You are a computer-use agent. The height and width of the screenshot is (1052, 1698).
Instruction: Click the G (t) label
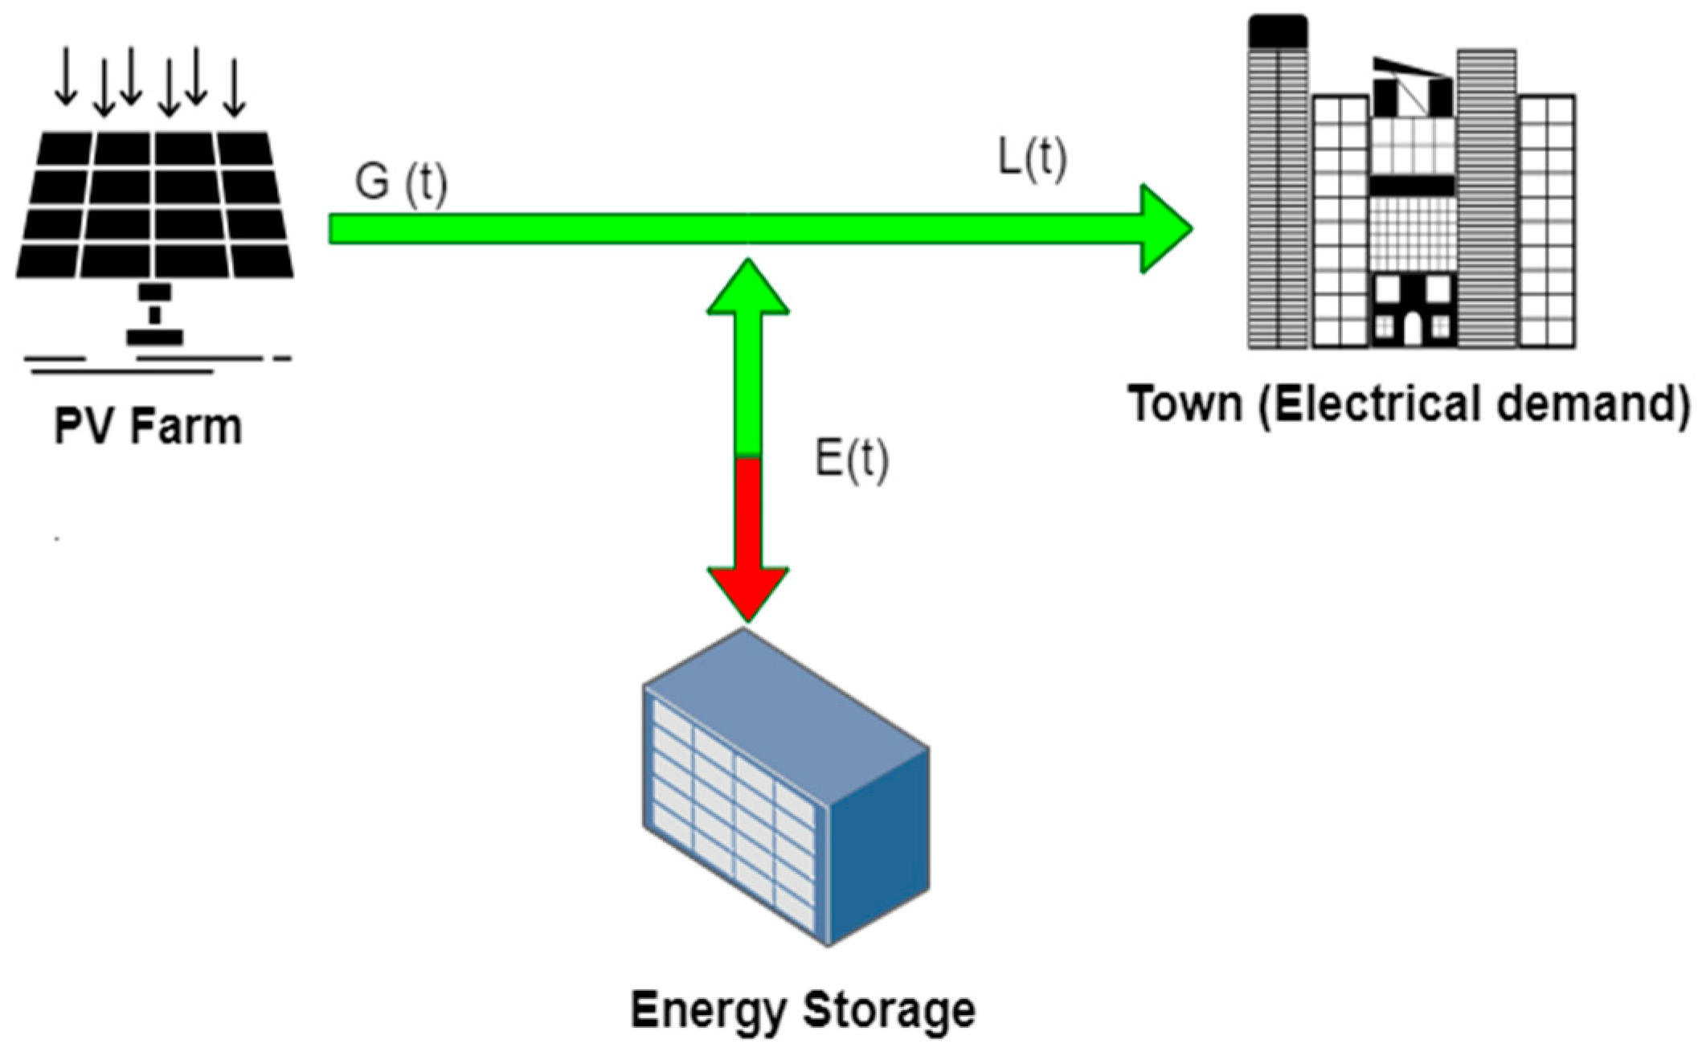[x=401, y=184]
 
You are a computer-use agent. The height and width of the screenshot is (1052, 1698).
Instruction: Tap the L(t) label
[x=1033, y=158]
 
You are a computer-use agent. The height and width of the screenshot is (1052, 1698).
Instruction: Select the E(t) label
[x=852, y=461]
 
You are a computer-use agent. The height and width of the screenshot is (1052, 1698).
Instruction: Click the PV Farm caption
[x=148, y=427]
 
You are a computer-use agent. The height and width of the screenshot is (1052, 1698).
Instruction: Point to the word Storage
[x=890, y=1010]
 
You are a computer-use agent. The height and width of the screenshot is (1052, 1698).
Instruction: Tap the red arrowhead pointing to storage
[x=748, y=591]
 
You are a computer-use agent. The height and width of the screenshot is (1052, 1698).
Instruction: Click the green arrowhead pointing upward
[x=748, y=289]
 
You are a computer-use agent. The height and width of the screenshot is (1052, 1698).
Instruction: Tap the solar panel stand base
[x=155, y=337]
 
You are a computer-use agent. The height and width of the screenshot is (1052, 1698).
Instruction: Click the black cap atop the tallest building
[x=1278, y=31]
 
